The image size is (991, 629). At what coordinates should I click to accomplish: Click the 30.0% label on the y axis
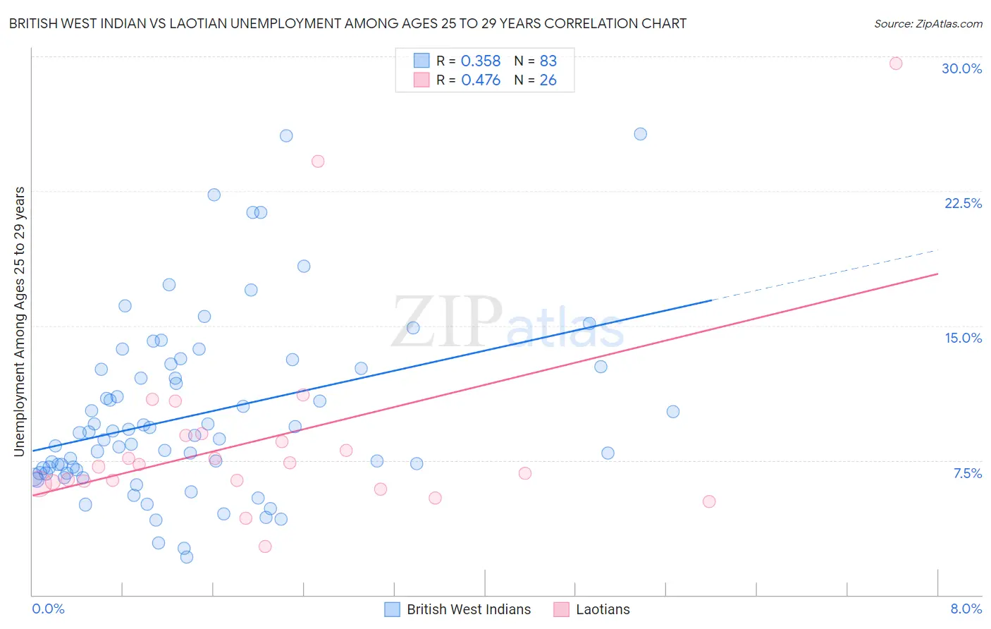[961, 68]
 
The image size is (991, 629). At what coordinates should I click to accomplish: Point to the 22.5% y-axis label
[963, 203]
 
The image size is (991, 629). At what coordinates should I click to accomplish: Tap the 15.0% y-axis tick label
[963, 338]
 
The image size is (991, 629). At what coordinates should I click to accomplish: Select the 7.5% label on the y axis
[967, 473]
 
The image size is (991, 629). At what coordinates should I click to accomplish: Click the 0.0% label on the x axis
[48, 609]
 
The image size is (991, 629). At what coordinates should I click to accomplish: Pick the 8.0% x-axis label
[966, 609]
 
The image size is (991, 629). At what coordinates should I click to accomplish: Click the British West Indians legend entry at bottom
[468, 609]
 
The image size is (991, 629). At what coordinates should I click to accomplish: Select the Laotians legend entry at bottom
[603, 609]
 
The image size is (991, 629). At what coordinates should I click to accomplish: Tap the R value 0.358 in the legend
[480, 61]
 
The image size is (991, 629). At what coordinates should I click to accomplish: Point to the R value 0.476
[480, 80]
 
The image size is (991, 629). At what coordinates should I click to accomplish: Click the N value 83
[548, 61]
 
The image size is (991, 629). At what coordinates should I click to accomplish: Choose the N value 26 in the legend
[548, 80]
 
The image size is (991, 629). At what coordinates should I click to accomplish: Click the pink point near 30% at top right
[896, 63]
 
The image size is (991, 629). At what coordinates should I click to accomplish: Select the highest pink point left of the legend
[318, 161]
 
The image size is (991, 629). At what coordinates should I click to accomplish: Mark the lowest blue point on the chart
[187, 557]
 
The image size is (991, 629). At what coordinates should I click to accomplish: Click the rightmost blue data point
[673, 412]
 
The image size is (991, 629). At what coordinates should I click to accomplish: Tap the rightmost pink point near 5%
[709, 501]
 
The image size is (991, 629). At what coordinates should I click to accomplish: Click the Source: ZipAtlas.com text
[928, 23]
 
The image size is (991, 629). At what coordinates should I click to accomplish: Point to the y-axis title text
[19, 322]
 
